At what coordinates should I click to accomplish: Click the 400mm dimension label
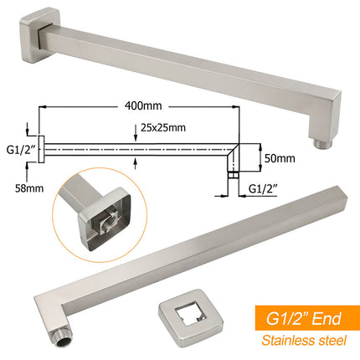pyautogui.click(x=143, y=106)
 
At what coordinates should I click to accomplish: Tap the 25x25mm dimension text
pyautogui.click(x=163, y=127)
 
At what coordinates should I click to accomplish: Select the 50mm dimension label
pyautogui.click(x=280, y=158)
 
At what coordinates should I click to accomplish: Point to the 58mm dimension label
pyautogui.click(x=29, y=188)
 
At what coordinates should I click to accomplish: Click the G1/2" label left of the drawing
pyautogui.click(x=20, y=150)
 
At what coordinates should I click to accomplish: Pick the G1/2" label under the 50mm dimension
pyautogui.click(x=263, y=189)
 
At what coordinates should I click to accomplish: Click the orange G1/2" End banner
pyautogui.click(x=307, y=318)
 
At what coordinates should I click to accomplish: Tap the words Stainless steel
pyautogui.click(x=304, y=341)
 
